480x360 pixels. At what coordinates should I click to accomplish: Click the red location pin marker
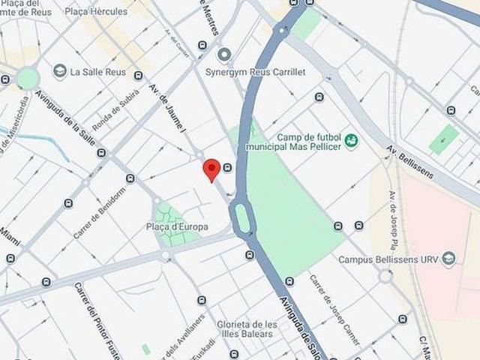click(x=211, y=169)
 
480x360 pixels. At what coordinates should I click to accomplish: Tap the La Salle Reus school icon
click(x=60, y=70)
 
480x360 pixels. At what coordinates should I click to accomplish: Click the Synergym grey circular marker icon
click(x=223, y=54)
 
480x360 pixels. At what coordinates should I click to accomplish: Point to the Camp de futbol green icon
click(x=351, y=140)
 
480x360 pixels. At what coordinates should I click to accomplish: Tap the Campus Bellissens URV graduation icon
click(x=448, y=259)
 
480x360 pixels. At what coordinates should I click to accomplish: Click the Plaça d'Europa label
click(x=177, y=226)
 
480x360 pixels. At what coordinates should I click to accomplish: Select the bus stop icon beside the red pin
click(x=227, y=167)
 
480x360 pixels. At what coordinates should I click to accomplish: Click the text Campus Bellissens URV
click(x=386, y=260)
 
